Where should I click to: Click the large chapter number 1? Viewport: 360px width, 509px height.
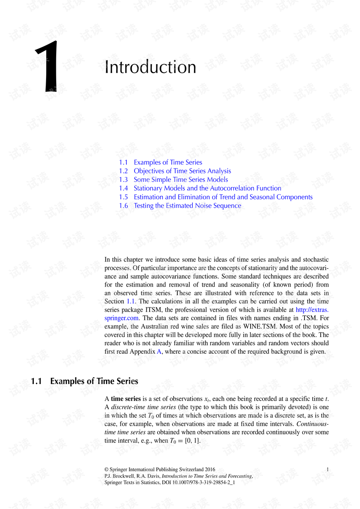coord(48,66)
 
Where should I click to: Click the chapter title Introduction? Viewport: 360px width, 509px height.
coord(150,67)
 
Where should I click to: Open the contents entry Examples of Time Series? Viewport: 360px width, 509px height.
coord(168,162)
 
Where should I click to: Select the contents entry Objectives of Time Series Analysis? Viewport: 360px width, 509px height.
coord(182,171)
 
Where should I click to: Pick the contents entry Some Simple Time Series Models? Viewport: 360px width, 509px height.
coord(181,180)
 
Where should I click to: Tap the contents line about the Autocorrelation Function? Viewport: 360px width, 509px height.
coord(207,188)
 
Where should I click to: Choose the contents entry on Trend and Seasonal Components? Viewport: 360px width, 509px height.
coord(223,197)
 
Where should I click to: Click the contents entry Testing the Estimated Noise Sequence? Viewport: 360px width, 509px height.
coord(187,206)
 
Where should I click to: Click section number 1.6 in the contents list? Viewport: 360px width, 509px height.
coord(123,206)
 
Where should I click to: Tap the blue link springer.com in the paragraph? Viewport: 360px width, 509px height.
coord(121,318)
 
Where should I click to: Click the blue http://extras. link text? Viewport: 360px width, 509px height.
coord(312,310)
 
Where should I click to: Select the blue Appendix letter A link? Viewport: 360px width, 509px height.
coord(159,351)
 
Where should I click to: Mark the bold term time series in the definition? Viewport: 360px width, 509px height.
coord(126,399)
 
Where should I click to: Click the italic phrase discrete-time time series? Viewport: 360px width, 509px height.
coord(143,407)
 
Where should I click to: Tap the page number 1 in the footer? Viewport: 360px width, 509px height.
coord(328,469)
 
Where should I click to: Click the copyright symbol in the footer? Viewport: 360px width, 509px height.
coord(106,469)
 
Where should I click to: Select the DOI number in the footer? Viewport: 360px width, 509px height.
coord(204,482)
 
